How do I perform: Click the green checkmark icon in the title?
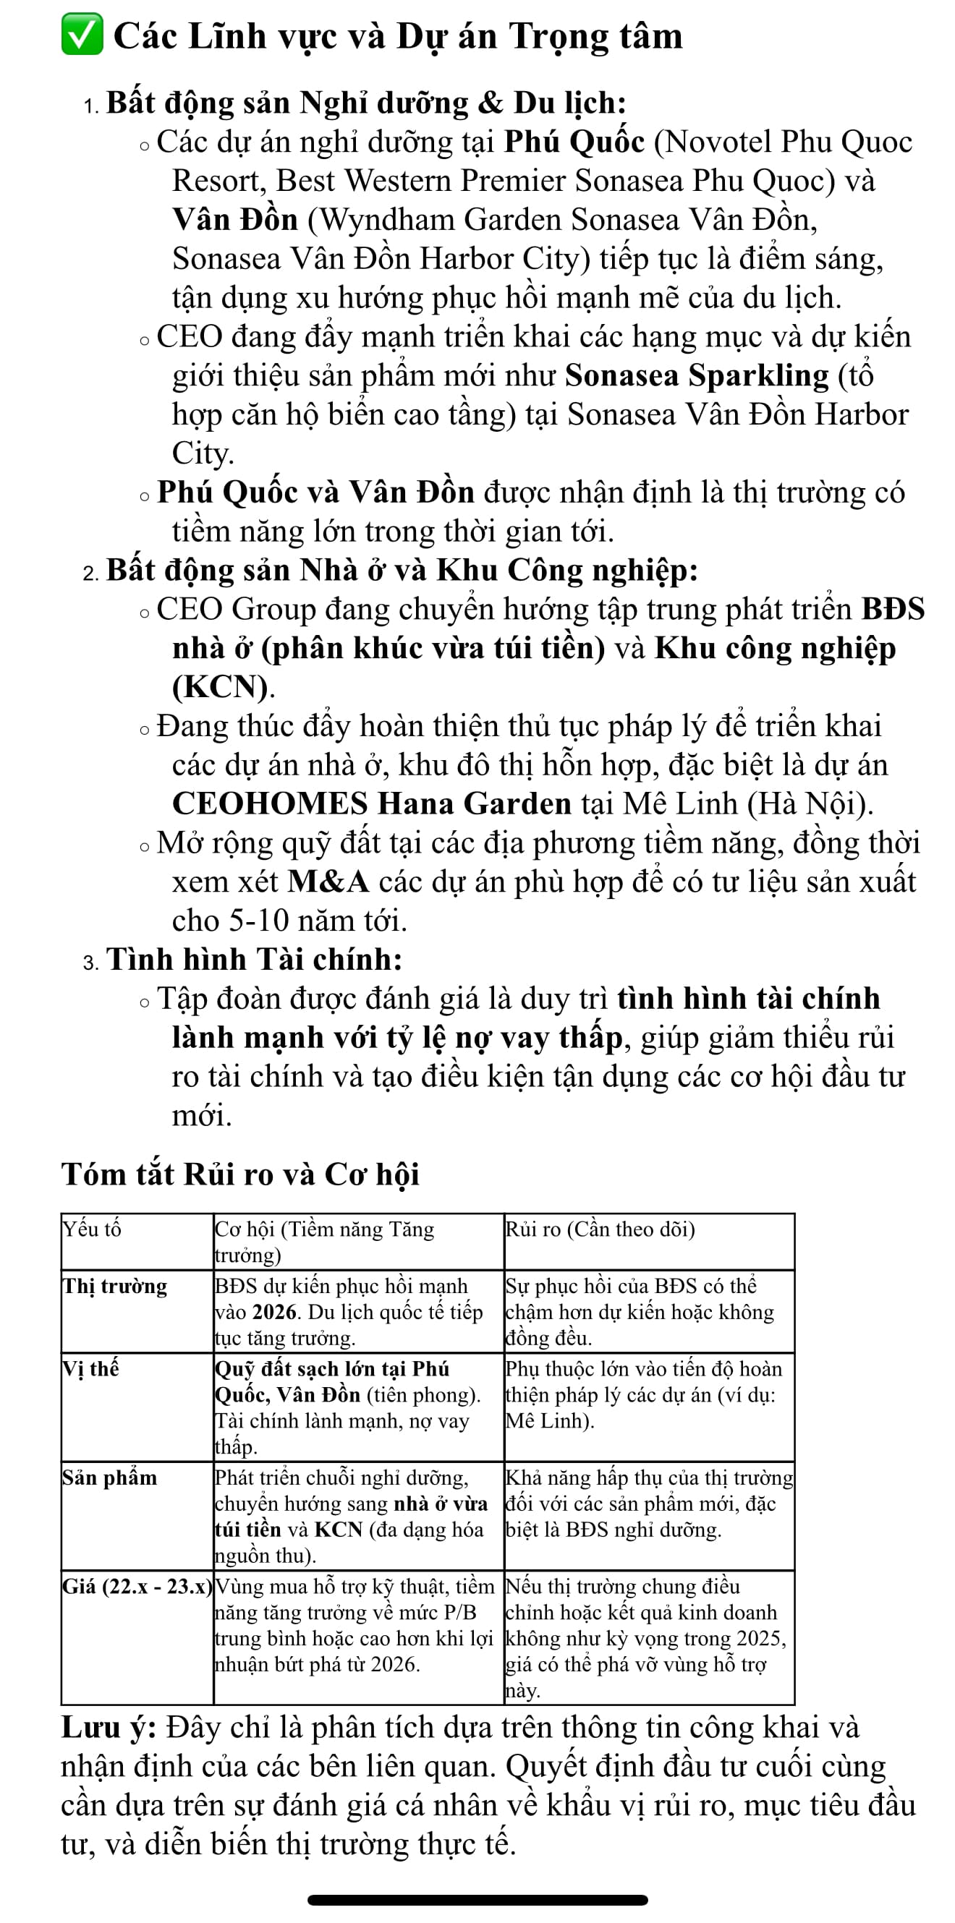82,37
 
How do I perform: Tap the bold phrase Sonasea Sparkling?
697,375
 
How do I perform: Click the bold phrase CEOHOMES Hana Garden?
371,804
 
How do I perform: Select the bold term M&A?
328,882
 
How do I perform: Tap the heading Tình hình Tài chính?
254,959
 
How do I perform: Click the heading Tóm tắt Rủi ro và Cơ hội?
239,1174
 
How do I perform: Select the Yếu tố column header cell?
92,1229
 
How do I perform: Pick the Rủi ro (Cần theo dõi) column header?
600,1229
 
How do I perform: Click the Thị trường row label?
115,1287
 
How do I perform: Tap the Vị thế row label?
90,1369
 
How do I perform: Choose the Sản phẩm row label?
110,1478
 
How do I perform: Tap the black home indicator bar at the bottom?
477,1900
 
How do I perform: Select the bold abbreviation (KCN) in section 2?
219,687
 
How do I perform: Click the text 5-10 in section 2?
259,921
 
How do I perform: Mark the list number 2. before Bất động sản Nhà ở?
90,573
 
